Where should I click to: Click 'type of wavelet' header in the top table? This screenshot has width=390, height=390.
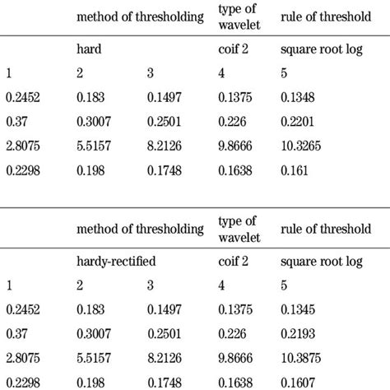pyautogui.click(x=237, y=16)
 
